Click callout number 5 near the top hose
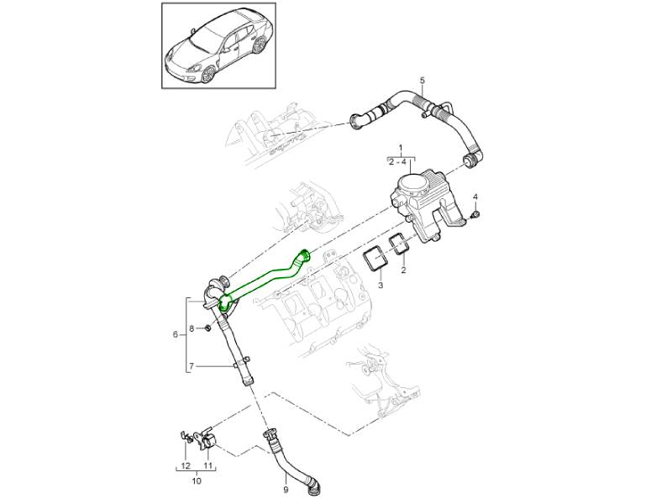click(423, 80)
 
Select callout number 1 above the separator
click(402, 150)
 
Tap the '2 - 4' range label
click(397, 162)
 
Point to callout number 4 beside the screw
click(475, 197)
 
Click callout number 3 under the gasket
click(381, 285)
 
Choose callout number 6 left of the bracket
click(176, 334)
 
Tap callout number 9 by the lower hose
click(286, 489)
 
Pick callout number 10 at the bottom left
click(197, 481)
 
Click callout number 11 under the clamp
click(207, 465)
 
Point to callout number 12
click(185, 465)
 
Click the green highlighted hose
click(265, 278)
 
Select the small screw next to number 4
click(475, 214)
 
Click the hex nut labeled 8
click(207, 328)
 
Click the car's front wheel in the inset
click(208, 75)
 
